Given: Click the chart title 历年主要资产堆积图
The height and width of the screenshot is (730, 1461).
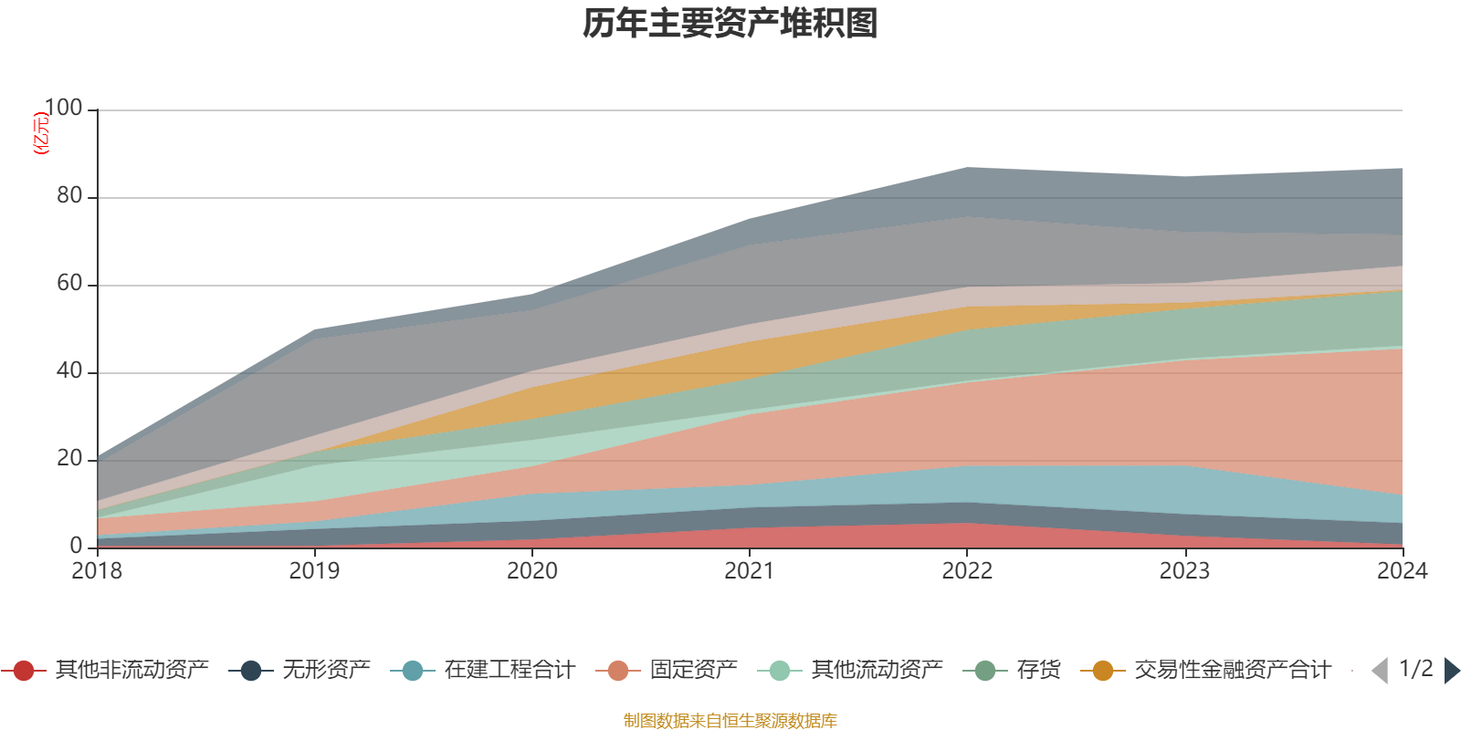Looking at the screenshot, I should [x=730, y=24].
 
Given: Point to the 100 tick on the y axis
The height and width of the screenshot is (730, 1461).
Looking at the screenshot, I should [x=63, y=109].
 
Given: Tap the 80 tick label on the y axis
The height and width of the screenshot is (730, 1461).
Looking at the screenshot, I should [x=69, y=196].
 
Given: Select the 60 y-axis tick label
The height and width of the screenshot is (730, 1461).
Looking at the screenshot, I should [x=69, y=284].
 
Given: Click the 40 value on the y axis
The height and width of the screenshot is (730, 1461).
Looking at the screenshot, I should [x=69, y=371].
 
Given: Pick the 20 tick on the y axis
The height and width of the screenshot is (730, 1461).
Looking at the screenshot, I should [x=69, y=459].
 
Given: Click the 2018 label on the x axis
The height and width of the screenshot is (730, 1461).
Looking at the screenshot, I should [x=97, y=571].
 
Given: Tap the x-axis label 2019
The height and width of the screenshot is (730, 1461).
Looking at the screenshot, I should [x=314, y=571].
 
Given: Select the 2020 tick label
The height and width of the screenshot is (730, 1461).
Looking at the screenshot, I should [x=531, y=571].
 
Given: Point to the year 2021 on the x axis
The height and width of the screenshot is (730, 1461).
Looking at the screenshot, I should [x=750, y=571].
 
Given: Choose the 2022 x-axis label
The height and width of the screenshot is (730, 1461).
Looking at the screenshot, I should [x=967, y=571].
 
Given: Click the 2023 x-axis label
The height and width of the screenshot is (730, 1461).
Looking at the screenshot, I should [x=1184, y=571].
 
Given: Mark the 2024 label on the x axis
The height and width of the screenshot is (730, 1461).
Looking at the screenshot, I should [x=1402, y=571].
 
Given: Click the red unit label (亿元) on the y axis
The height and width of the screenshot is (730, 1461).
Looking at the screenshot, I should [x=41, y=133].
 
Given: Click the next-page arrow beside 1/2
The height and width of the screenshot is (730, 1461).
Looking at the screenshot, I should [x=1451, y=671].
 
